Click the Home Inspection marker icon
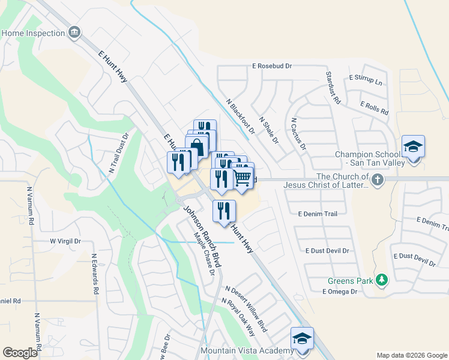tap(75, 32)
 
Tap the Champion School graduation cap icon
tap(413, 148)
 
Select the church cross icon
tap(377, 180)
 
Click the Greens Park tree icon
tap(381, 280)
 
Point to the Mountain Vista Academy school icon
tap(302, 338)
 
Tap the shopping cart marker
tap(243, 177)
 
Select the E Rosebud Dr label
tap(271, 66)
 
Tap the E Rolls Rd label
tap(375, 108)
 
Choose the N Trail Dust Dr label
tap(119, 154)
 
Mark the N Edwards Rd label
tap(94, 274)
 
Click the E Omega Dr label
tap(339, 292)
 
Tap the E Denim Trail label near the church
tap(318, 213)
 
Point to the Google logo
tap(20, 352)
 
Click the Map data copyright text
tap(411, 355)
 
